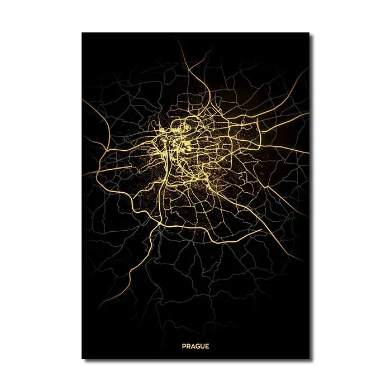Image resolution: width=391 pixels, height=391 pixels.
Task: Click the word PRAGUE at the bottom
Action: (x=195, y=346)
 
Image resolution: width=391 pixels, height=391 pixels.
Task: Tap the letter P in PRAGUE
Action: (x=184, y=346)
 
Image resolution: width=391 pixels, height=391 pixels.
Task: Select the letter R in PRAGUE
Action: (x=188, y=346)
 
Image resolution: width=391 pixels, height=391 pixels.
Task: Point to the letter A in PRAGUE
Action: (x=193, y=346)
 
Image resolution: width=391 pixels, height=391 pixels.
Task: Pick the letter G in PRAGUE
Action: (x=197, y=346)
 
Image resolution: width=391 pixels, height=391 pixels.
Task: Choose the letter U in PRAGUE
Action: (x=202, y=346)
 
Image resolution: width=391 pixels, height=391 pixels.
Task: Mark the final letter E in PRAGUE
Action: (x=207, y=346)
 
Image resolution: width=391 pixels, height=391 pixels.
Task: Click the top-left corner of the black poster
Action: (x=82, y=33)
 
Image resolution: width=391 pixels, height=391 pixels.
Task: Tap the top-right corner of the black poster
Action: (x=309, y=33)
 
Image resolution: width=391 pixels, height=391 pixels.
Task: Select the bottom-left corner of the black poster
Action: (x=82, y=358)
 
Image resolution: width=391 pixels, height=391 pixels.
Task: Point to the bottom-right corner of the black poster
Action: (x=309, y=358)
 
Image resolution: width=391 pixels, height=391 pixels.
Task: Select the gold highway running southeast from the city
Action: (x=263, y=223)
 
